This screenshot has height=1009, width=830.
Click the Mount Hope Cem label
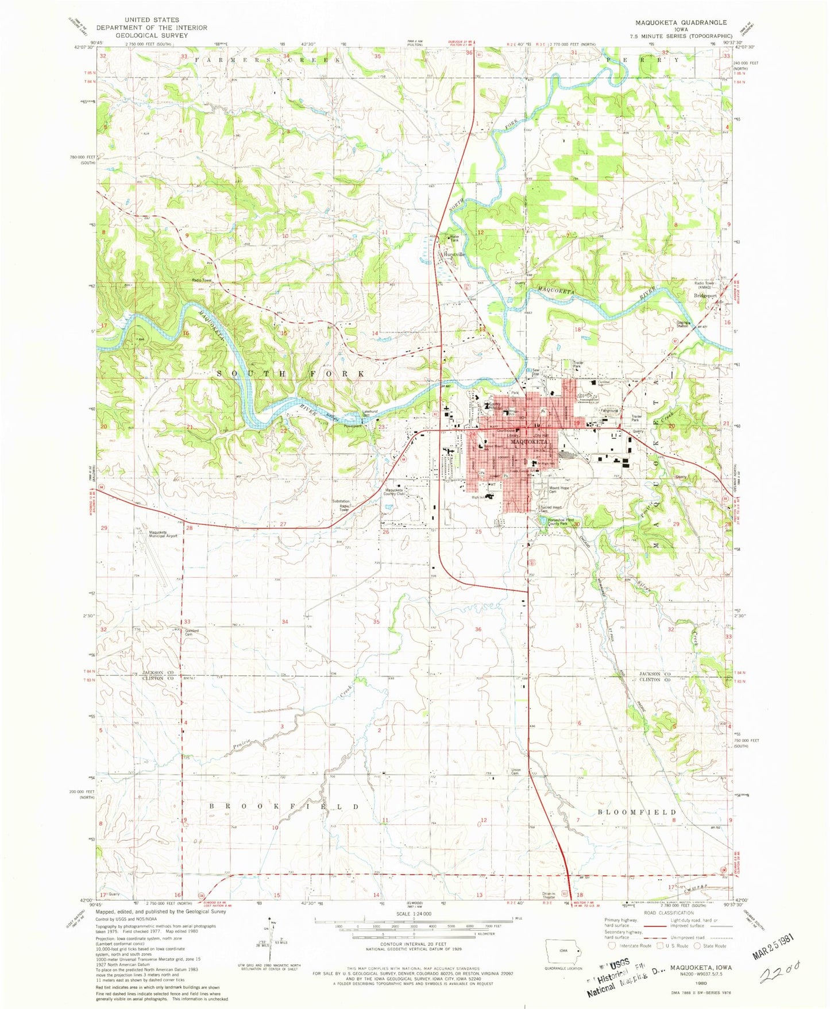tap(558, 489)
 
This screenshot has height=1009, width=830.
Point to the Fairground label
tap(609, 411)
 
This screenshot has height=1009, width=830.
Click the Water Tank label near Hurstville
tap(454, 238)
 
